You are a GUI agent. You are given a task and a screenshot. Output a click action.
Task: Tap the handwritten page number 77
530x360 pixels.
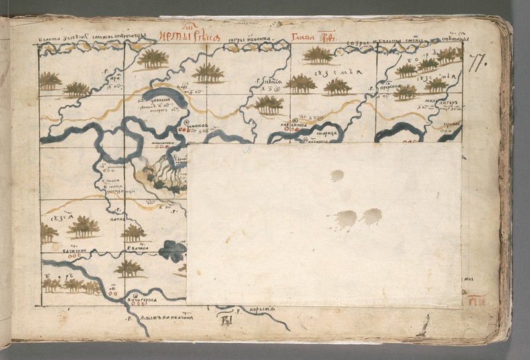(x=475, y=64)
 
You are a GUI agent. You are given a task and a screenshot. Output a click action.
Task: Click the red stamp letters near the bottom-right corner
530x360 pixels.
(x=476, y=300)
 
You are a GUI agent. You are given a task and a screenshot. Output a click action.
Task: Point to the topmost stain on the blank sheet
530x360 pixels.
(x=337, y=175)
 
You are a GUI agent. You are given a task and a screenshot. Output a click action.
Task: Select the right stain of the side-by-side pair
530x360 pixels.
(x=371, y=216)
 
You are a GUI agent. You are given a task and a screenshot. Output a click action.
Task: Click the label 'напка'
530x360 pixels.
(x=119, y=217)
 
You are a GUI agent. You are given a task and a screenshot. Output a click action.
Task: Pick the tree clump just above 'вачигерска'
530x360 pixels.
(x=129, y=268)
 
